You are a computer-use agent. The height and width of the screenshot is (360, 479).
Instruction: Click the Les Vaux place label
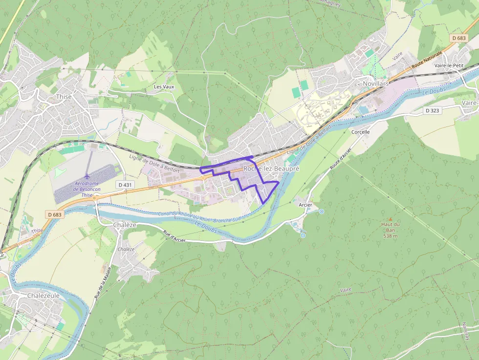[x=164, y=86]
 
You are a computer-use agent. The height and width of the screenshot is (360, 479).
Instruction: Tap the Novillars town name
[x=376, y=84]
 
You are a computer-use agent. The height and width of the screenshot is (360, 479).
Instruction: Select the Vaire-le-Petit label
[x=448, y=65]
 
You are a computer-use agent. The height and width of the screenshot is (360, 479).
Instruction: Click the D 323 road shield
[x=432, y=110]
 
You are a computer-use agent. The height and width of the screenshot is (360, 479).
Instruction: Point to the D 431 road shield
[x=125, y=185]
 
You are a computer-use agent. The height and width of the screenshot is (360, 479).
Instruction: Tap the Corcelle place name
[x=361, y=132]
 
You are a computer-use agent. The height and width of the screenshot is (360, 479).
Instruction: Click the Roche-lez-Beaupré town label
[x=271, y=168]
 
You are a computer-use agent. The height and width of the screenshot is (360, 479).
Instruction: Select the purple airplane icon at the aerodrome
[x=87, y=176]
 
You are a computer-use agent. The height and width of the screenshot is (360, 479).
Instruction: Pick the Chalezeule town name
[x=43, y=296]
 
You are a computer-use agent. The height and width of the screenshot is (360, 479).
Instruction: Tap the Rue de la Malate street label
[x=103, y=283]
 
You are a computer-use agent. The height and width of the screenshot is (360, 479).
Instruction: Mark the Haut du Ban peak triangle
[x=390, y=218]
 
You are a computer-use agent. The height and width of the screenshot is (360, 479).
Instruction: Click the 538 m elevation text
[x=390, y=236]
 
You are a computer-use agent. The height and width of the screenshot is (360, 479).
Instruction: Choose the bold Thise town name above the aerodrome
[x=64, y=96]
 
